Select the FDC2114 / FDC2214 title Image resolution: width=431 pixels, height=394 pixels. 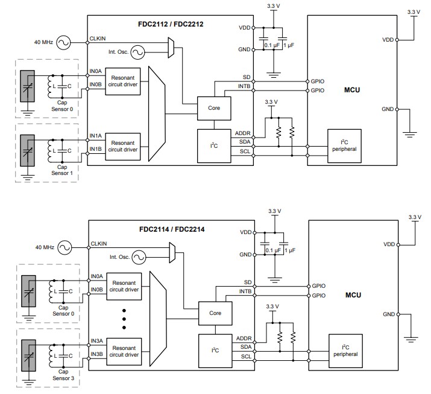coord(171,229)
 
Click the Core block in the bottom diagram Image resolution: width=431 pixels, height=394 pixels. coord(215,313)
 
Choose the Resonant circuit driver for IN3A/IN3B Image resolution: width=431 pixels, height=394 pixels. coord(125,351)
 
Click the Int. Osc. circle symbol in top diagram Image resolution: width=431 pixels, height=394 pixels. coord(137,53)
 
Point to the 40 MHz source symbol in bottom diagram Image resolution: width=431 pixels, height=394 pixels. coord(64,247)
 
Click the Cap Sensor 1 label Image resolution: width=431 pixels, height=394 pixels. coord(61,170)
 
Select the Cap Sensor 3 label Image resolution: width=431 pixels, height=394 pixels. coord(62,376)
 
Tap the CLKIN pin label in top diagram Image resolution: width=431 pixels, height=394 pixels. coord(98,38)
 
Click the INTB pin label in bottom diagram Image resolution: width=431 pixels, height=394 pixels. coord(245,291)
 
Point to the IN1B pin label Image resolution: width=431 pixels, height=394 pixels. coord(96,148)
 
